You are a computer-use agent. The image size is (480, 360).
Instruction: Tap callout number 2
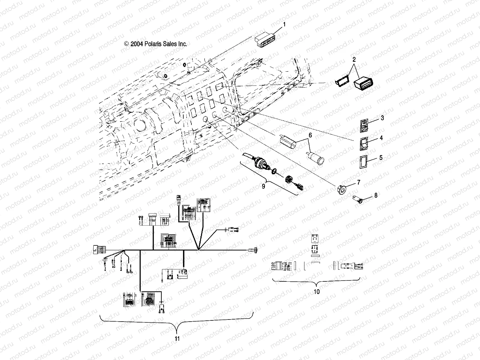click(x=354, y=59)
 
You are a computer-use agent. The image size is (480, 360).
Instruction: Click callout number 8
click(x=376, y=196)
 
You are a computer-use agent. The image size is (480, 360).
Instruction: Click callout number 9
click(x=263, y=186)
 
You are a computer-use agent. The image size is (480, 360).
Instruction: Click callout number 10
click(x=316, y=291)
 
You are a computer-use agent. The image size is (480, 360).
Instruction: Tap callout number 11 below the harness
click(x=177, y=339)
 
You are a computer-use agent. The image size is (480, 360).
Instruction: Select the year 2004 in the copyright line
click(x=136, y=44)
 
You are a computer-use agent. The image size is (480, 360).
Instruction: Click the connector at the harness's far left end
click(x=98, y=250)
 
